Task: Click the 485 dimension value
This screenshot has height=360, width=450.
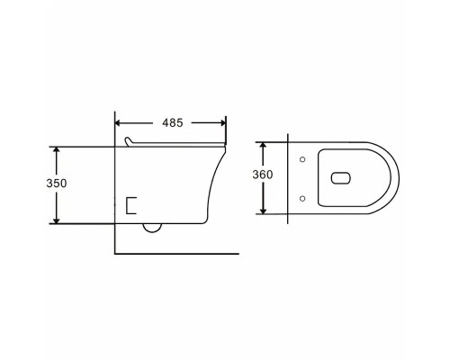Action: point(173,122)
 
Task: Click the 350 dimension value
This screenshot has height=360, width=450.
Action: point(57,183)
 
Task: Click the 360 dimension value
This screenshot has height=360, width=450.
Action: point(263,175)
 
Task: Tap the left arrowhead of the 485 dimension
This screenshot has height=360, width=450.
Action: point(118,123)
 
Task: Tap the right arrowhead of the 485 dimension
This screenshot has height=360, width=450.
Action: point(223,123)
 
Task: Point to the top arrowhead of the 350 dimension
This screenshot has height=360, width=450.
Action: point(56,150)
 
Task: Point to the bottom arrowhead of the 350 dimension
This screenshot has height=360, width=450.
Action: point(56,220)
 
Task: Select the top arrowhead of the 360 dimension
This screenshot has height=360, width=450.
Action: point(263,145)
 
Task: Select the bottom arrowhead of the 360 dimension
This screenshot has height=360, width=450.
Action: point(263,211)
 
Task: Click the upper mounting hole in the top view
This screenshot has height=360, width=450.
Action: point(302,159)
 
